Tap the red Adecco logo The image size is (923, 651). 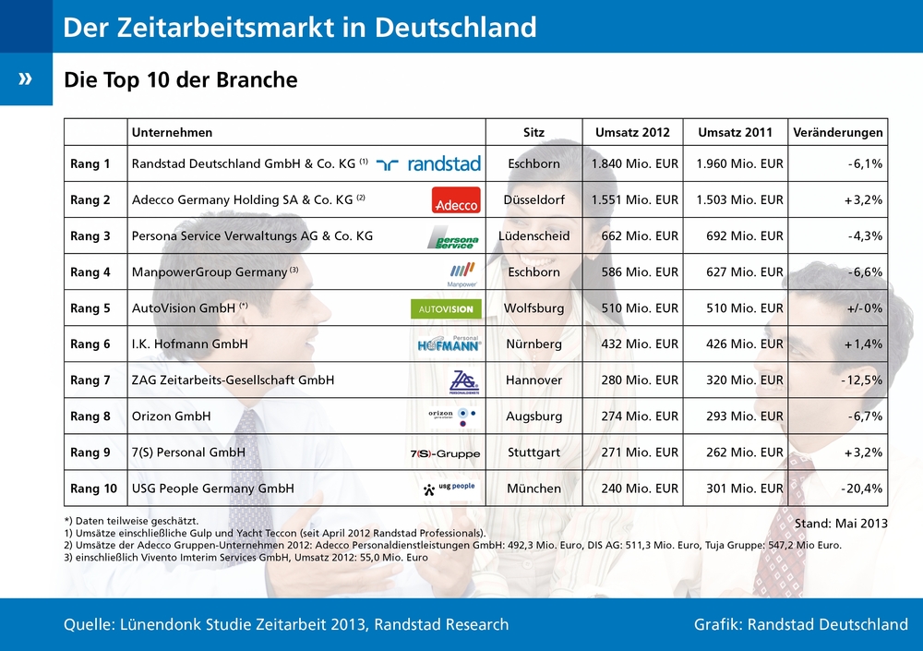click(456, 200)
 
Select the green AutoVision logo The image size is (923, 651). click(446, 308)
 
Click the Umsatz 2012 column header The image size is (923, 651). click(632, 132)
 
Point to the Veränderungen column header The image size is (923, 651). click(837, 132)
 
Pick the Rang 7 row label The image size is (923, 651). click(90, 380)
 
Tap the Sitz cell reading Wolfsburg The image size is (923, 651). click(533, 308)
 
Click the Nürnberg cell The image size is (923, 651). click(533, 344)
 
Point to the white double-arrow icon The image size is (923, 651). click(25, 78)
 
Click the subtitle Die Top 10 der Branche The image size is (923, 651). click(181, 80)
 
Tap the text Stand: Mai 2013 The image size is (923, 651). click(841, 523)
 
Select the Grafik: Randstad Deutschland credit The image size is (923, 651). click(800, 624)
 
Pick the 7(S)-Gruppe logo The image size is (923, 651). click(445, 453)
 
